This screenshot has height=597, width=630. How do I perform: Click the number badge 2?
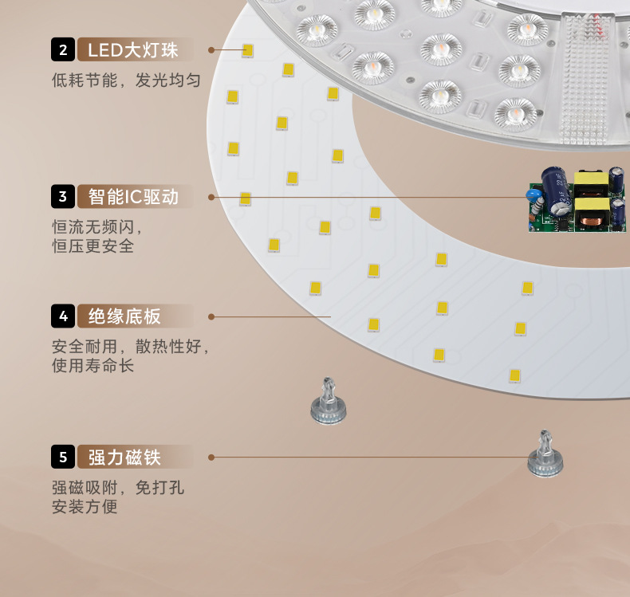tap(63, 51)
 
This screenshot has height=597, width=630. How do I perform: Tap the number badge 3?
tap(63, 195)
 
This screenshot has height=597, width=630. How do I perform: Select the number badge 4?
tap(63, 316)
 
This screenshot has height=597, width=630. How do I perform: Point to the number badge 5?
tap(63, 457)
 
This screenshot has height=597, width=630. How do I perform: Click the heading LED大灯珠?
tap(133, 51)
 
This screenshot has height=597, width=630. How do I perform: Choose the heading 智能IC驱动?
tap(133, 195)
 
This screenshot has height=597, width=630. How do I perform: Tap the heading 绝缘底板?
tap(124, 316)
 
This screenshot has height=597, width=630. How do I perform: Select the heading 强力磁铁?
tap(124, 457)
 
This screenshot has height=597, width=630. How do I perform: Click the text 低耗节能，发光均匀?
tap(125, 81)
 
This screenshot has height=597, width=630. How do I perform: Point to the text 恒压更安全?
tap(93, 246)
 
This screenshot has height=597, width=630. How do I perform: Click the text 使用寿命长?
tap(93, 366)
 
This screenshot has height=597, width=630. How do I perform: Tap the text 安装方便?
tap(85, 506)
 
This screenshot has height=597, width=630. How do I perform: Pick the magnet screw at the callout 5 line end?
tap(545, 454)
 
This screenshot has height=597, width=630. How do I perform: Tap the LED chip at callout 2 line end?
tap(248, 50)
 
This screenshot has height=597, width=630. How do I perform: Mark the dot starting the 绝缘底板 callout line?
tap(211, 316)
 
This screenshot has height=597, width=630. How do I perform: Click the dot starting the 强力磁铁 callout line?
tap(211, 458)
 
